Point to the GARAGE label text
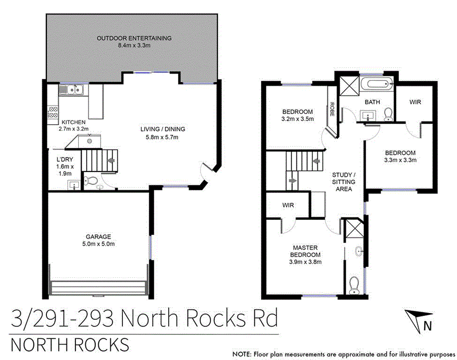98,236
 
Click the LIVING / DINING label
162,129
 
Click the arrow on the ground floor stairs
111,160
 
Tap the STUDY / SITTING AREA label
344,182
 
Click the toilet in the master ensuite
354,284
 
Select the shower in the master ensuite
354,229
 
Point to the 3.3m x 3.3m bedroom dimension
400,160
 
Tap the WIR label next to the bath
415,102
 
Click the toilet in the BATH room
388,114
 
